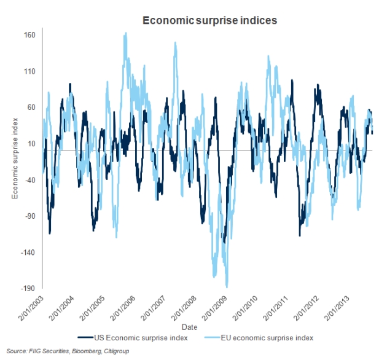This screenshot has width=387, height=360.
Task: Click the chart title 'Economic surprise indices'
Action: [x=210, y=20]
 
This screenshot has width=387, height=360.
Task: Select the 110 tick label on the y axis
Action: [x=29, y=71]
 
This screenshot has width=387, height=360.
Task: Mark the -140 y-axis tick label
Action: [x=28, y=252]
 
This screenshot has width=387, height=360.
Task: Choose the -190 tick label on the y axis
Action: [x=28, y=289]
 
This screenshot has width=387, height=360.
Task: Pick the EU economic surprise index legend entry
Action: [x=260, y=337]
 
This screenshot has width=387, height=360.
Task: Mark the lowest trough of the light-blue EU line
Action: [x=227, y=286]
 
